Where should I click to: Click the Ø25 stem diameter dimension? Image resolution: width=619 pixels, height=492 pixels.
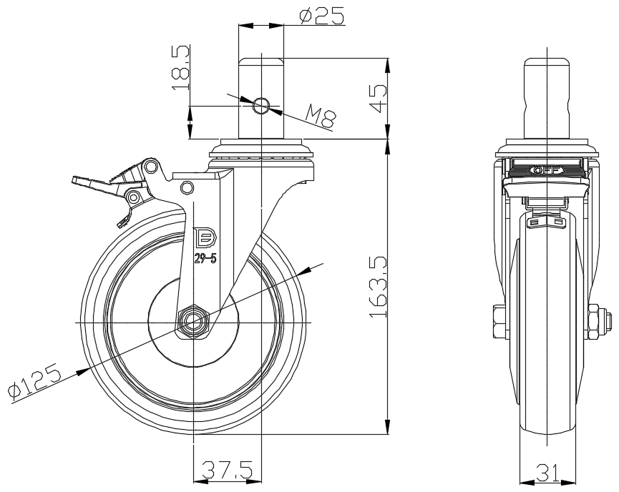pyautogui.click(x=322, y=16)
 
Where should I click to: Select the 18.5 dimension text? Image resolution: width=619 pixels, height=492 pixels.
pyautogui.click(x=181, y=67)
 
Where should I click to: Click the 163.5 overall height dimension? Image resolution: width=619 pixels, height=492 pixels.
pyautogui.click(x=378, y=287)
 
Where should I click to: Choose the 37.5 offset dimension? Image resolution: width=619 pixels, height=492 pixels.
pyautogui.click(x=227, y=470)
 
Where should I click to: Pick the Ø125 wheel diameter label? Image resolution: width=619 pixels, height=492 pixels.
pyautogui.click(x=35, y=380)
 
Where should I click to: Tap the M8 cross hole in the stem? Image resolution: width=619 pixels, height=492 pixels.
pyautogui.click(x=261, y=106)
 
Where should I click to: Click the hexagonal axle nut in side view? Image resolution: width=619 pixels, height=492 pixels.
pyautogui.click(x=193, y=323)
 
